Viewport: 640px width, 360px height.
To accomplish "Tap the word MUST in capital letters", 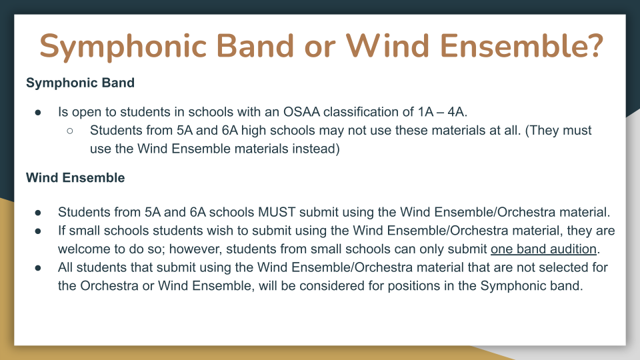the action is click(277, 212).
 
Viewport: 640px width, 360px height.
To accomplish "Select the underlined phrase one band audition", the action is click(544, 249).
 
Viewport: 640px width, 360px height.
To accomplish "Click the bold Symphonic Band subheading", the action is click(80, 83).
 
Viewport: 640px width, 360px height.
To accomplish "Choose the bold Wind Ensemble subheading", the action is click(75, 178).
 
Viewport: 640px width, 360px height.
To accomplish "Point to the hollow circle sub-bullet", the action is click(70, 131).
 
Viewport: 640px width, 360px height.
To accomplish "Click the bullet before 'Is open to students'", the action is click(38, 112).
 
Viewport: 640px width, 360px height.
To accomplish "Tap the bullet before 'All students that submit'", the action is click(38, 268).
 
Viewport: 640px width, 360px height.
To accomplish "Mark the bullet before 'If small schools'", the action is click(38, 231).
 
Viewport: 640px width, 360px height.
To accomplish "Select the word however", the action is click(193, 249).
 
